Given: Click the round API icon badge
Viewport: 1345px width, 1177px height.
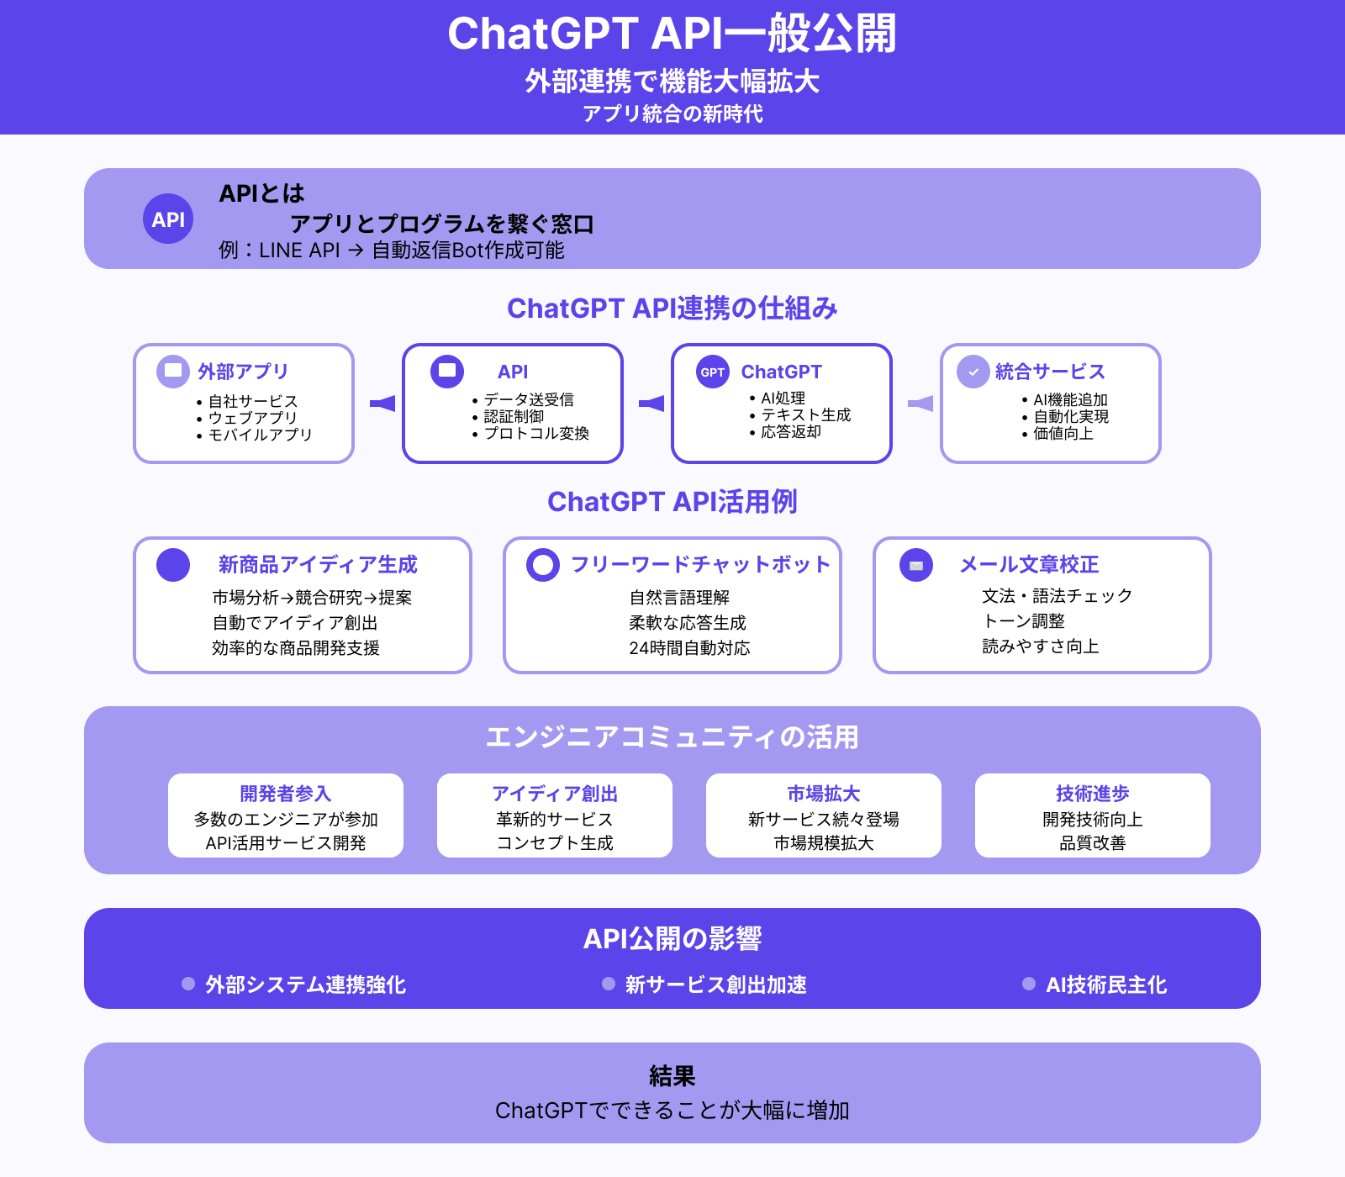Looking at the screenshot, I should tap(168, 219).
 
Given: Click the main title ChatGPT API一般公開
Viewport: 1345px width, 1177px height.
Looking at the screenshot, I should tap(672, 34).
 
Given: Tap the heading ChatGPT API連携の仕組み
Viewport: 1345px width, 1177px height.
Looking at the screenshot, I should tap(672, 309).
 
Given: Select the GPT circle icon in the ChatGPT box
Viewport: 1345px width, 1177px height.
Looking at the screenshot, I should tap(713, 372).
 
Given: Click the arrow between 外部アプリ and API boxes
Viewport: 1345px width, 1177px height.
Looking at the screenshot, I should tap(382, 404).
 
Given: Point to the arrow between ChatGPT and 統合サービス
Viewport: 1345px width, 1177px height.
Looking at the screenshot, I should tap(920, 404).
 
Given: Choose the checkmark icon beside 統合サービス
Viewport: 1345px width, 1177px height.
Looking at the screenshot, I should tap(973, 372).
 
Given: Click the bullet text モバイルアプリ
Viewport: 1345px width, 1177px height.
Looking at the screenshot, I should tap(260, 435).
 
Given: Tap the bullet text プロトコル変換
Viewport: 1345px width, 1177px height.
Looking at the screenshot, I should tap(536, 433).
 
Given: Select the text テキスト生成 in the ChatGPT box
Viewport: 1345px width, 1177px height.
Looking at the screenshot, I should tap(805, 414).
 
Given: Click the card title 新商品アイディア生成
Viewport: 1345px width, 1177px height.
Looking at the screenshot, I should tap(318, 564).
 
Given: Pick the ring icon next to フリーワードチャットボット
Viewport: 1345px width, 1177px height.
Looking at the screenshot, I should tap(542, 564).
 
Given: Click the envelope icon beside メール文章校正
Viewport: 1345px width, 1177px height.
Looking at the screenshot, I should tap(916, 565).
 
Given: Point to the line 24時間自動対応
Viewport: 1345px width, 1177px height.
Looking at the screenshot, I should tap(689, 648).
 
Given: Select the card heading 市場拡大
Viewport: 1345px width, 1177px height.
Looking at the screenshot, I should tap(823, 794).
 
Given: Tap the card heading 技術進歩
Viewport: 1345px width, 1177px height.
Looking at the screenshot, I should tap(1092, 794).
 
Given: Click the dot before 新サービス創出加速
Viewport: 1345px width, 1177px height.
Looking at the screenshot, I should tap(609, 984).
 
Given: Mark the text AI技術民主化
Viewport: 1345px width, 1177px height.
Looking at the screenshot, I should tap(1105, 984).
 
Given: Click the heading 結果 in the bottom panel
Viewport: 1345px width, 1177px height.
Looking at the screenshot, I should tap(672, 1076).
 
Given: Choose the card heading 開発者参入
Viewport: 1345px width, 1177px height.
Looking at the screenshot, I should tap(285, 794).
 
